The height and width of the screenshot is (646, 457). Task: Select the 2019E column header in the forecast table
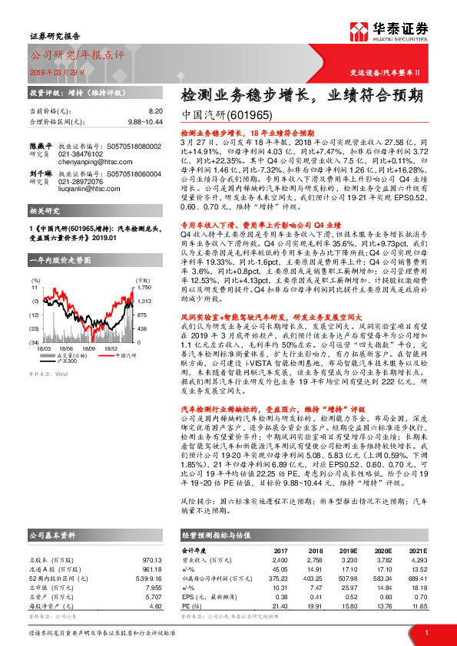350,550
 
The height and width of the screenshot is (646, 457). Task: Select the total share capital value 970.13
151,559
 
